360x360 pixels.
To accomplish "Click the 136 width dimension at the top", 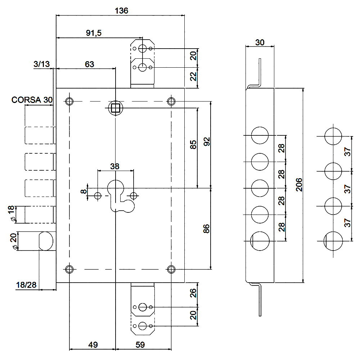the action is [x=121, y=10].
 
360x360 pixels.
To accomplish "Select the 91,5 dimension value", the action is [x=94, y=33].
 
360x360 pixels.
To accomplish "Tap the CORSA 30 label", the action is [x=32, y=100].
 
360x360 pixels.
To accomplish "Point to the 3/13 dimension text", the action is [x=41, y=64].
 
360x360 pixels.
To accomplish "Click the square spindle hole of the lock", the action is [x=116, y=108].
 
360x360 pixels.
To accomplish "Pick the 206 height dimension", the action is [x=299, y=185].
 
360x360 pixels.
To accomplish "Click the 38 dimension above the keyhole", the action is [x=115, y=166].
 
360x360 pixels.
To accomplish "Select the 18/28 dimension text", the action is [x=26, y=285].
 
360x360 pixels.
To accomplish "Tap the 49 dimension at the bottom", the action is [x=93, y=345].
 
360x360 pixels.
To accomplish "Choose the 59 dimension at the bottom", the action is [x=140, y=345].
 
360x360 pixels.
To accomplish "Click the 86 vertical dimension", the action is [x=206, y=229].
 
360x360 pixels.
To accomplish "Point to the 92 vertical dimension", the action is [x=207, y=141].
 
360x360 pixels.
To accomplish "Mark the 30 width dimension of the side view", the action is [x=260, y=42].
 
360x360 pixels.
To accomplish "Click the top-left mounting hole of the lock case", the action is [x=69, y=101].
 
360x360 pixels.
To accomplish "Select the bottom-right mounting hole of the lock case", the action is [x=171, y=269].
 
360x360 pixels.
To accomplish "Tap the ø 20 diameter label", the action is [x=14, y=241].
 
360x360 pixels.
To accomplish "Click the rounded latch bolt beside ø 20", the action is [x=46, y=241].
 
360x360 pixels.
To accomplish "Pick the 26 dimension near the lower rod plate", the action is [x=193, y=293].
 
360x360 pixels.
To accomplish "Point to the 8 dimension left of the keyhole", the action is [x=84, y=191].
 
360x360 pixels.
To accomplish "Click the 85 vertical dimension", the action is [x=193, y=145].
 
